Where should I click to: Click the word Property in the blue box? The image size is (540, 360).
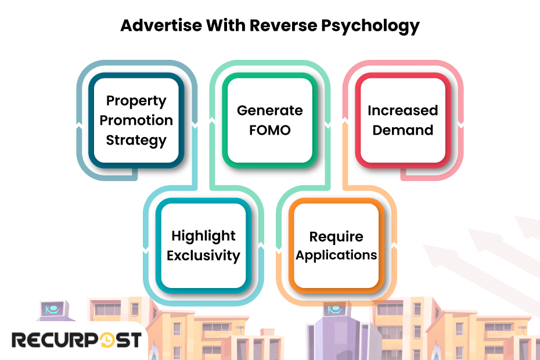(x=136, y=100)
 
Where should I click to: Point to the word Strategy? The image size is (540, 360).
(x=136, y=140)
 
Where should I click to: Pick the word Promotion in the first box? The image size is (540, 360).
(x=136, y=120)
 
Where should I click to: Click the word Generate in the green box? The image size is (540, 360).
(x=269, y=110)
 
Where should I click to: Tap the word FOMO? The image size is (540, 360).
(x=269, y=130)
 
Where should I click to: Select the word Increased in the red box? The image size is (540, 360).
(x=402, y=110)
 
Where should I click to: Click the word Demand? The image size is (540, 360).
(x=402, y=130)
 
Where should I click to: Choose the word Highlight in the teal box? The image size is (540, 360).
(x=203, y=236)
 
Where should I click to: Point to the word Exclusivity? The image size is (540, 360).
(x=203, y=255)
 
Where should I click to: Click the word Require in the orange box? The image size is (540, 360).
(x=336, y=236)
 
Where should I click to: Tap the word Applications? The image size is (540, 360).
(x=336, y=255)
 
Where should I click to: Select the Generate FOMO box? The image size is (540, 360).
(x=269, y=120)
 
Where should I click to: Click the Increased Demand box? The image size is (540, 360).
(x=402, y=120)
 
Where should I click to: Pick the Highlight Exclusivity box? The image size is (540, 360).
(x=203, y=245)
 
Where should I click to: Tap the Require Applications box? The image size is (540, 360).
(x=336, y=245)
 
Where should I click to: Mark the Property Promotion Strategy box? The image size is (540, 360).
(x=136, y=120)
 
